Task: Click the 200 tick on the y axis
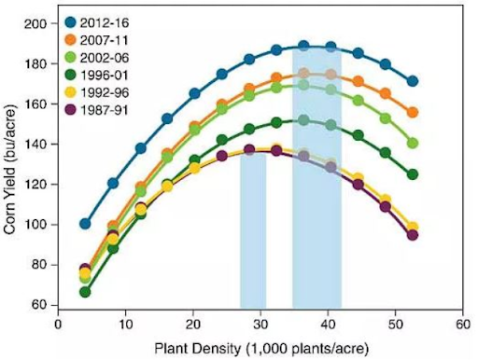click(x=41, y=22)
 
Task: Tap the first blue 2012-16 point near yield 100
click(x=86, y=224)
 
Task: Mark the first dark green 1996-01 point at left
click(x=86, y=292)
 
